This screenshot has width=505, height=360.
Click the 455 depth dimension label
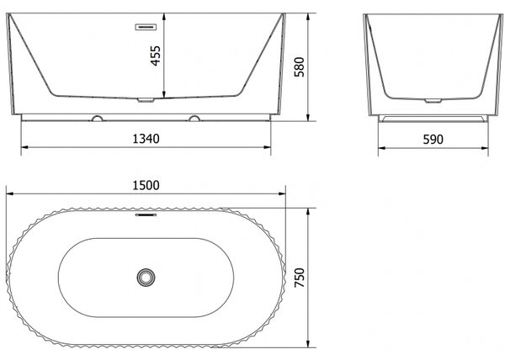156,56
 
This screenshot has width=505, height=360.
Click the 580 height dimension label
299,66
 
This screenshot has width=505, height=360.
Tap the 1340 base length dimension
146,139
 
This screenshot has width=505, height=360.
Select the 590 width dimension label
433,140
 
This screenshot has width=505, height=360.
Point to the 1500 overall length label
146,185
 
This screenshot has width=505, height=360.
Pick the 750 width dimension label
299,278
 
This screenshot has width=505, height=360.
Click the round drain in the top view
146,277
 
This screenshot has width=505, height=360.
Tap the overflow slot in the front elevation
146,27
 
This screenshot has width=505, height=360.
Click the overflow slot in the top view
146,214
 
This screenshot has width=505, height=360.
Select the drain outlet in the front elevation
146,100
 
